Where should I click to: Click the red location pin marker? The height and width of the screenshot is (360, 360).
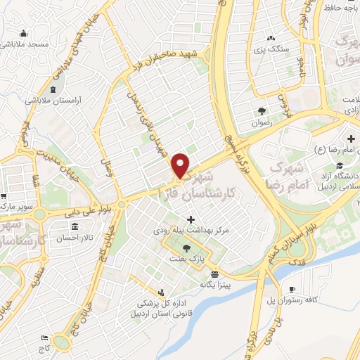pos(181,165)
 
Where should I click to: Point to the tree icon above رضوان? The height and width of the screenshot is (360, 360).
pos(262,110)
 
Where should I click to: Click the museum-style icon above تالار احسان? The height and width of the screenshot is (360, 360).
pos(75,226)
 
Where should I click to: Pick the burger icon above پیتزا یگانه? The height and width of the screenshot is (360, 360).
pos(214,274)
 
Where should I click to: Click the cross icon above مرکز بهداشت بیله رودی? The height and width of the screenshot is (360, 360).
pos(191,220)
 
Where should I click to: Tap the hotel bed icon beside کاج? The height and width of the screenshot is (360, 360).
pos(44,337)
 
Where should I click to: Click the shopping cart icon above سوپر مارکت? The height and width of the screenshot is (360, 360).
pos(4,196)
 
